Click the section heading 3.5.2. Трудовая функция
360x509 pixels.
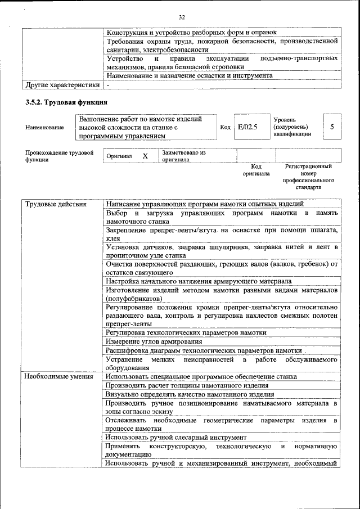coord(66,102)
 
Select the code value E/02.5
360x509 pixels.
coord(247,127)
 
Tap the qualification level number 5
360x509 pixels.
coord(332,127)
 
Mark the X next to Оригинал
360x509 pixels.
coord(145,156)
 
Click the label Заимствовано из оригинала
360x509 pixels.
coord(184,156)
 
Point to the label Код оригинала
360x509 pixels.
coord(256,170)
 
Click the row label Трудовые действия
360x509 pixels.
coord(55,204)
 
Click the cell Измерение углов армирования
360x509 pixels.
coord(154,341)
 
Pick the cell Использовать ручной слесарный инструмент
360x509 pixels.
coord(175,437)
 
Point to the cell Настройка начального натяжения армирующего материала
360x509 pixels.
coord(198,281)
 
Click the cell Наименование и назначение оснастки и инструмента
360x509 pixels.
coord(190,75)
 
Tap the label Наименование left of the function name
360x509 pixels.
coord(44,128)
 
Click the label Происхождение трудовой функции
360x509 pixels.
coord(59,156)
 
